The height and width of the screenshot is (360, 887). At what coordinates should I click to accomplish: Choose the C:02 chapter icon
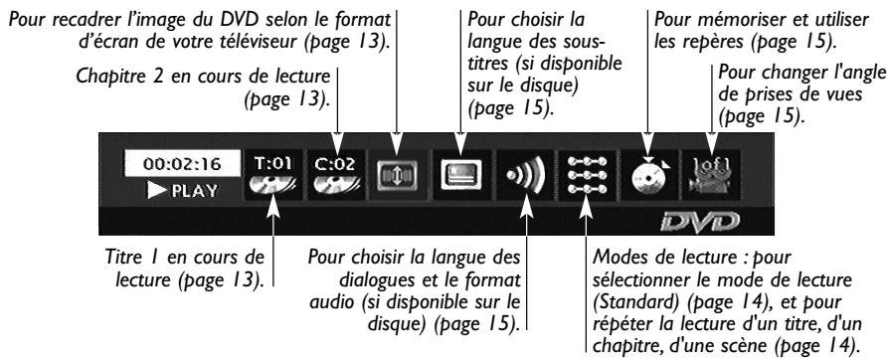click(x=336, y=174)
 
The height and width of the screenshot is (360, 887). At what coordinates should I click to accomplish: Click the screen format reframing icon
click(x=397, y=175)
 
